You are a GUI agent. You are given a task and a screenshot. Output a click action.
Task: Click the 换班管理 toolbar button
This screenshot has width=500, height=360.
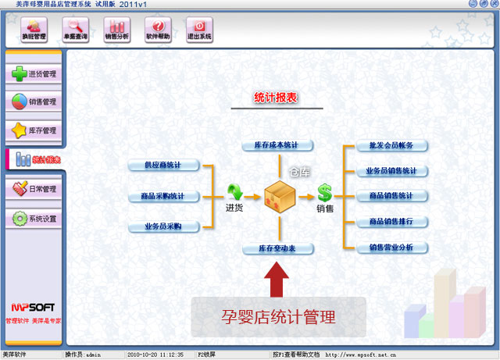click(x=34, y=30)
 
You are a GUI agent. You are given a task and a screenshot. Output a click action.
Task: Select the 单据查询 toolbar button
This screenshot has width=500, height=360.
click(x=76, y=30)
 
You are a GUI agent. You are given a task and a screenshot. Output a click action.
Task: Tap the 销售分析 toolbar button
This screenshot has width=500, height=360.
click(x=116, y=30)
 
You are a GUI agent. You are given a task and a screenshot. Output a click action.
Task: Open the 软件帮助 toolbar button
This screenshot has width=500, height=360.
click(x=159, y=30)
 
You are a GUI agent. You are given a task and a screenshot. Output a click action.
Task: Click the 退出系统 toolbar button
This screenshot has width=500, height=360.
click(x=199, y=30)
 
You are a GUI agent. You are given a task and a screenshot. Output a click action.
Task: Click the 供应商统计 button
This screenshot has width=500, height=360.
click(x=164, y=166)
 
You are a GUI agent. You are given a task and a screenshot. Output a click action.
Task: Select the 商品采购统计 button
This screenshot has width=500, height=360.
click(x=164, y=196)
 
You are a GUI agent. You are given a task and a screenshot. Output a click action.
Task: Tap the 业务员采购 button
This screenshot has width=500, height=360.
click(x=164, y=226)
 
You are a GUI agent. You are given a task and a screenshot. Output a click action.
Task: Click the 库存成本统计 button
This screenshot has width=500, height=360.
click(x=277, y=146)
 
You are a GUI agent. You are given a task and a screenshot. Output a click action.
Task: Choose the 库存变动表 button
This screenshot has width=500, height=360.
click(x=277, y=248)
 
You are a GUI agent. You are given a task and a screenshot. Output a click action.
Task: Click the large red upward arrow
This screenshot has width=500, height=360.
click(x=277, y=280)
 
